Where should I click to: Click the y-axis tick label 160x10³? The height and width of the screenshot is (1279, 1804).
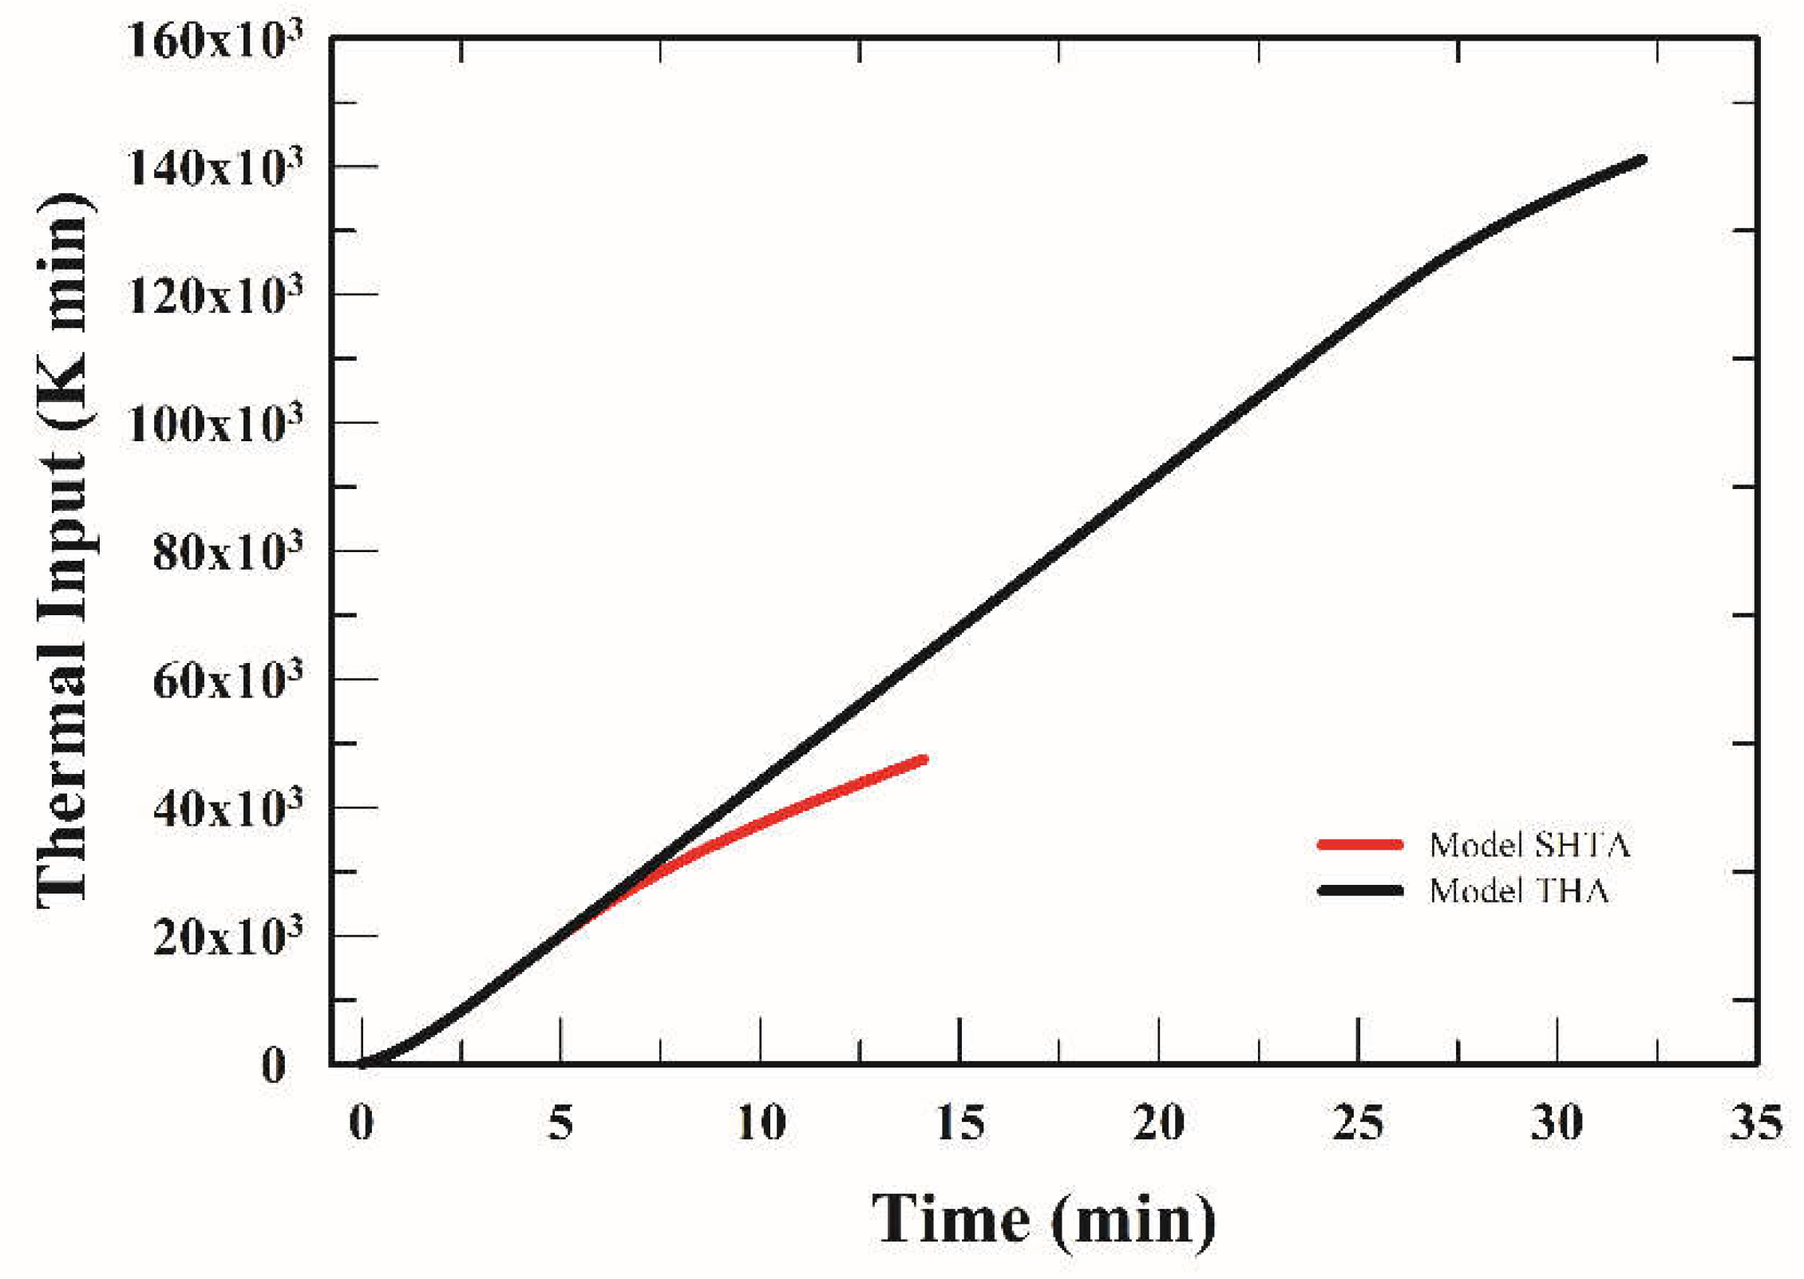[214, 41]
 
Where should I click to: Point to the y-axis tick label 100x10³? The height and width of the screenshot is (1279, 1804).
[214, 424]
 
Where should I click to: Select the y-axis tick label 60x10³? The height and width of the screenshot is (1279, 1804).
[227, 681]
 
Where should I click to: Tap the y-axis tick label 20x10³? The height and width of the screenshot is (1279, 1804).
[227, 937]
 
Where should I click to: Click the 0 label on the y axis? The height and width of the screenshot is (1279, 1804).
[274, 1066]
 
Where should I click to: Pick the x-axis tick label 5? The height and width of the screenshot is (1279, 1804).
[560, 1123]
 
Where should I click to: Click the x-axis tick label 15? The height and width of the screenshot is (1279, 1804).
[959, 1123]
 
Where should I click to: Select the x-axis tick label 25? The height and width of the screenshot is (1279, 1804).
[1358, 1123]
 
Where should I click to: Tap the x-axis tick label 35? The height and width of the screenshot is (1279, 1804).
[1755, 1123]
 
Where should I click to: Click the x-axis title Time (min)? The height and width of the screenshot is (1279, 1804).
[1043, 1219]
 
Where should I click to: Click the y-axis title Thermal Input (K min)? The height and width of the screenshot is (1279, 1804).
[64, 551]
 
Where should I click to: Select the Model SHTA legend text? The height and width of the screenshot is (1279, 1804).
[1529, 845]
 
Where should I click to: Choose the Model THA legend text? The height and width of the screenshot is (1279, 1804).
[1517, 890]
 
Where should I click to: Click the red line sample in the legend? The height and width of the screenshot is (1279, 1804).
[1359, 844]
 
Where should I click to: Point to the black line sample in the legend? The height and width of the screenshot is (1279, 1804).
[1359, 890]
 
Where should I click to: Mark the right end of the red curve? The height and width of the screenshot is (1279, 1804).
[923, 759]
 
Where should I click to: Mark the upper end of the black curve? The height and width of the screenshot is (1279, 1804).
[1641, 160]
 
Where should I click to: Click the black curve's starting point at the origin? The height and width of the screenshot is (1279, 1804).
[362, 1064]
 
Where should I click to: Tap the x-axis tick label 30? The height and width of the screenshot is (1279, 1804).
[1557, 1123]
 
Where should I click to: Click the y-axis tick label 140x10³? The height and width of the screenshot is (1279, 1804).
[214, 169]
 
